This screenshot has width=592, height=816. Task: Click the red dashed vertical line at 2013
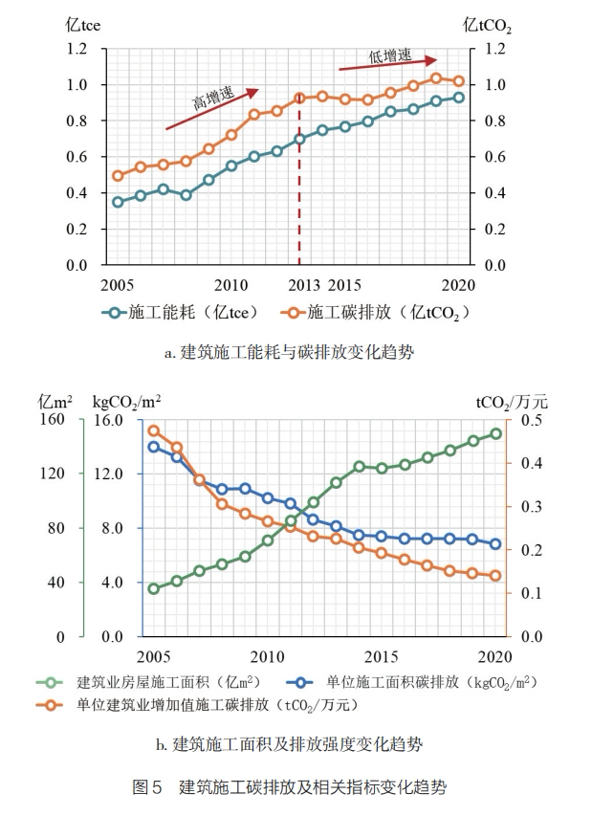click(299, 191)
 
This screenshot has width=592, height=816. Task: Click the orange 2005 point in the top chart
click(118, 176)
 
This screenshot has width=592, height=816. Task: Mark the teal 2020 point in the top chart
click(458, 97)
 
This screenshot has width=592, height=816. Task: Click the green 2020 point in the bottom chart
click(495, 433)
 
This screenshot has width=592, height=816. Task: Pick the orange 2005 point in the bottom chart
click(153, 430)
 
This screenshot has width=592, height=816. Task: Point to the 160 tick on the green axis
click(52, 420)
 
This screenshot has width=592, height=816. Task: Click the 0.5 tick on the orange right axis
click(531, 420)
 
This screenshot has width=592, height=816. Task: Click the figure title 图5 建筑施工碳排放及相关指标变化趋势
click(288, 788)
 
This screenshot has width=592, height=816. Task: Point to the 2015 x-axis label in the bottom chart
click(382, 656)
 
